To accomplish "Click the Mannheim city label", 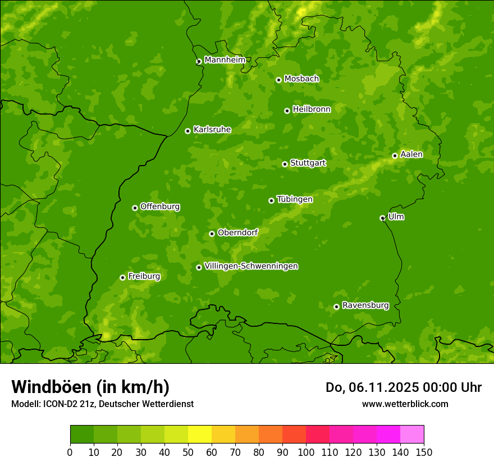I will [x=225, y=60].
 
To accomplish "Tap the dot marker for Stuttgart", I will [x=285, y=164].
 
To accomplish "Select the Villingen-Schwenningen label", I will [x=251, y=266].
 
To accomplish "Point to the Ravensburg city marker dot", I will [x=336, y=307].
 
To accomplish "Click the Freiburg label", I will [x=144, y=276].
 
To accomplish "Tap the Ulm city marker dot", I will [x=382, y=218].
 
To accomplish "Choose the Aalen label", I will [x=411, y=154].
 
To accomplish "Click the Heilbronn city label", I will [x=312, y=109].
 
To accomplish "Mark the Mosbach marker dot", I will [x=278, y=80].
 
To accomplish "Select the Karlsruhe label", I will [x=212, y=130].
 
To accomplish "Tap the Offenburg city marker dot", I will [x=135, y=208].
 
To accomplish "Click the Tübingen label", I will [x=295, y=199].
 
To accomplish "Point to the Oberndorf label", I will [x=238, y=232].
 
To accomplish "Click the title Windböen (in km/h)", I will [x=90, y=387].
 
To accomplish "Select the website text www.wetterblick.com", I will [x=405, y=404].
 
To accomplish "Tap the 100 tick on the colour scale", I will [x=306, y=452].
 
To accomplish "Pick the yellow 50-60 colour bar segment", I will [x=200, y=435].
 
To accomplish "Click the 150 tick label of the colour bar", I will [x=424, y=452].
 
